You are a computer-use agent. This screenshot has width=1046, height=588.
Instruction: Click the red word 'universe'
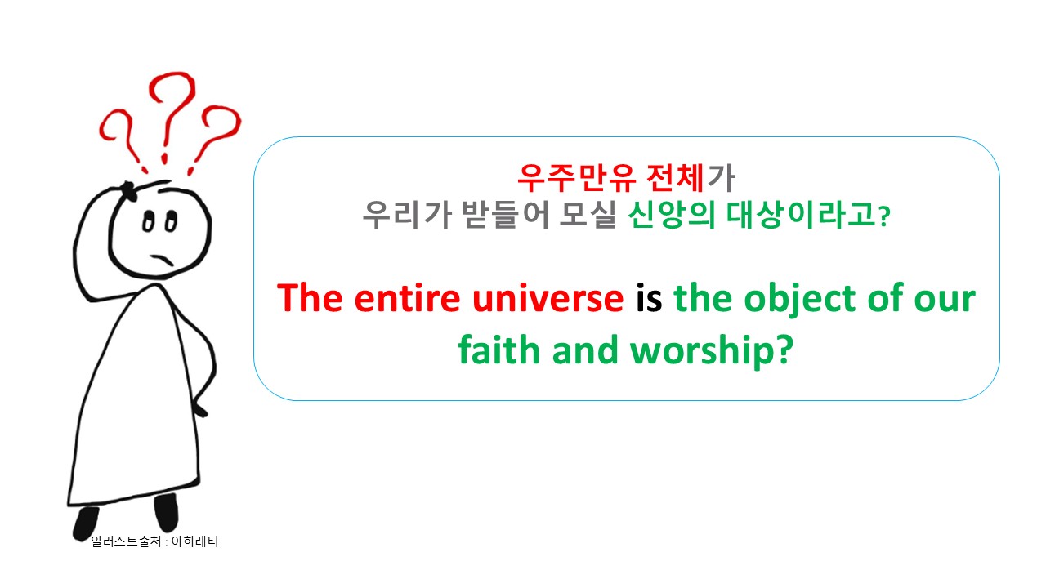pyautogui.click(x=548, y=299)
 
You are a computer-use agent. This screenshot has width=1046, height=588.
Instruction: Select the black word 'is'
pyautogui.click(x=649, y=298)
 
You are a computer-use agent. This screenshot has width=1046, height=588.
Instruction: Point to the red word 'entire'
pyautogui.click(x=407, y=299)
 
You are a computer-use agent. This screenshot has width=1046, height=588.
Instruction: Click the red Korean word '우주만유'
pyautogui.click(x=577, y=178)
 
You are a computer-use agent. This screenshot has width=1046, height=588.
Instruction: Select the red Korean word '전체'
pyautogui.click(x=675, y=178)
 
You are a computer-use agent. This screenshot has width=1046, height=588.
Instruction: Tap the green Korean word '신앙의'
pyautogui.click(x=672, y=215)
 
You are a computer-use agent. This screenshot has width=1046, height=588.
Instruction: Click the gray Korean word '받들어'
pyautogui.click(x=505, y=215)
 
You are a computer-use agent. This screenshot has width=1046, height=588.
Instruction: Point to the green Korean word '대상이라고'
pyautogui.click(x=801, y=215)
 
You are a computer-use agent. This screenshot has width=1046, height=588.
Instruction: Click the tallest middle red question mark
pyautogui.click(x=171, y=117)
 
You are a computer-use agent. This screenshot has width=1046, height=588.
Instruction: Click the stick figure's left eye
pyautogui.click(x=148, y=221)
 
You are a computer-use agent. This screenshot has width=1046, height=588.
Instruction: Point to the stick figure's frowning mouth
pyautogui.click(x=162, y=260)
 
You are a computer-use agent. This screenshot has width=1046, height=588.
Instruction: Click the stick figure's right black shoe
pyautogui.click(x=167, y=512)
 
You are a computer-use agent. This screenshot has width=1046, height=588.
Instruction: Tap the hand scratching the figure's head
pyautogui.click(x=127, y=189)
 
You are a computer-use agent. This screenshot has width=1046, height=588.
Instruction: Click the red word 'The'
pyautogui.click(x=310, y=298)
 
